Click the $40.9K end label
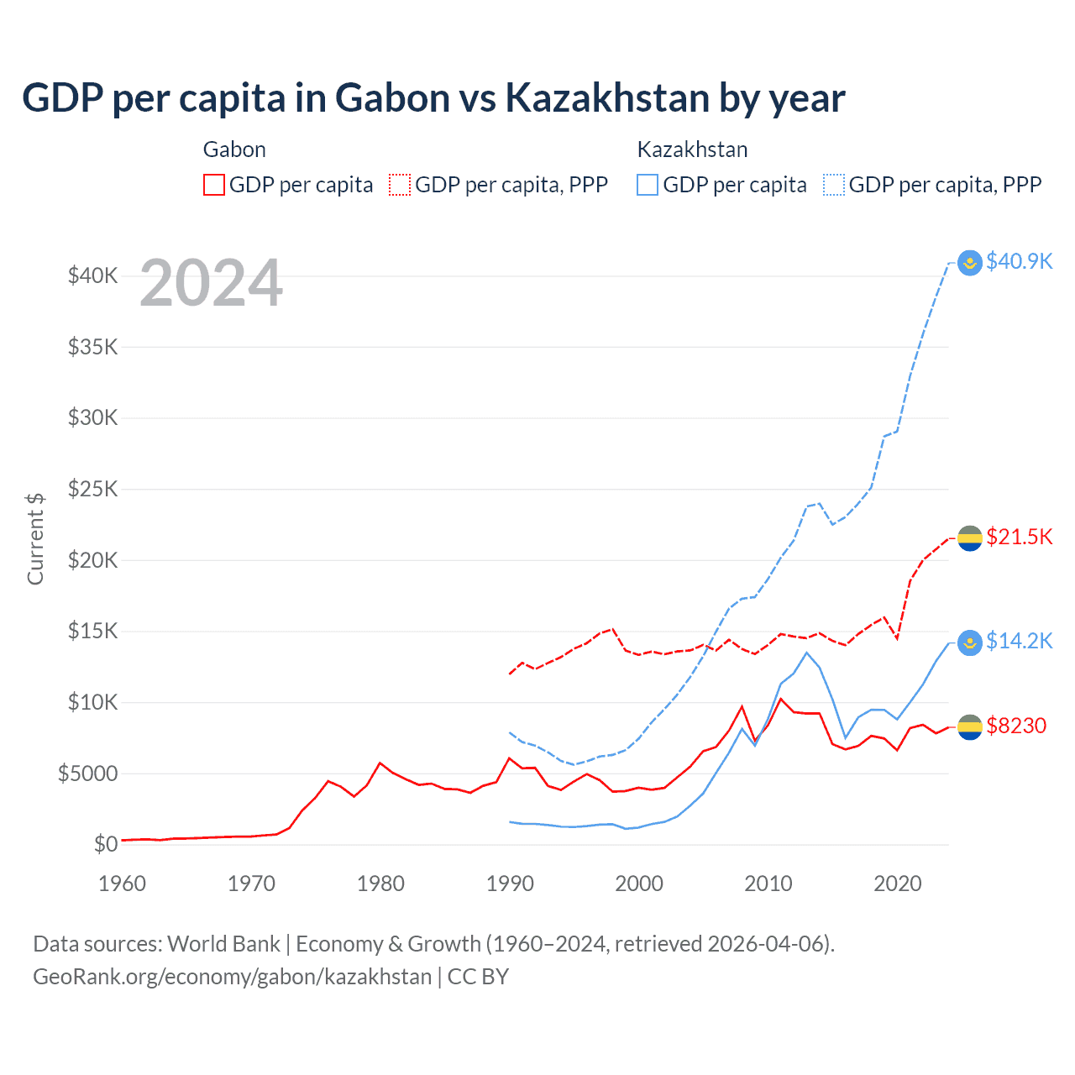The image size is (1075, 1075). (1019, 261)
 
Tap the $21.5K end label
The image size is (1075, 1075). (1019, 537)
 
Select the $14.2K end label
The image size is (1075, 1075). (1019, 641)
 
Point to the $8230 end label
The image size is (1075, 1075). (1016, 726)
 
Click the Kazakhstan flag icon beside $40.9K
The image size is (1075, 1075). (970, 263)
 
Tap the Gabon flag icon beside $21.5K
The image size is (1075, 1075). (970, 538)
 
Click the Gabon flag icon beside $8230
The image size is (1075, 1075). (970, 727)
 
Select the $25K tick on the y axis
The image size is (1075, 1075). (92, 489)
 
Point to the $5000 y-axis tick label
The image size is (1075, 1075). (87, 773)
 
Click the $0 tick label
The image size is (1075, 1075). (105, 844)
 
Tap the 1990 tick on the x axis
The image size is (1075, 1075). (510, 884)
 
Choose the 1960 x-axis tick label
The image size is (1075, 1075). (123, 884)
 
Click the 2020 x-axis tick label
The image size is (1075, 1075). (897, 884)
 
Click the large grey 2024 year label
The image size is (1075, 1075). (211, 283)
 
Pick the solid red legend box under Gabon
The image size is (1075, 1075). (214, 185)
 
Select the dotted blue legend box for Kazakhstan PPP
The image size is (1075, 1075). (834, 185)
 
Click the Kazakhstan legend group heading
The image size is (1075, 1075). (692, 149)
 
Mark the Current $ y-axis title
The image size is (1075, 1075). (35, 539)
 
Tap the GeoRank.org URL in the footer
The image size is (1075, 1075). (232, 977)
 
